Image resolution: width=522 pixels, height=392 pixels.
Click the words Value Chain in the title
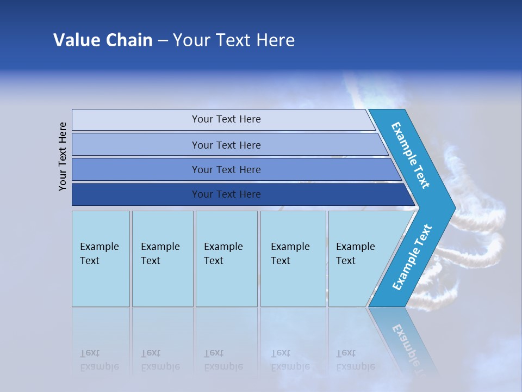[x=103, y=40]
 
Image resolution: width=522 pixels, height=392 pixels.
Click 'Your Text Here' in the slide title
[x=234, y=40]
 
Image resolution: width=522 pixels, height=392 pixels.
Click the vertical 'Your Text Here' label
[x=63, y=156]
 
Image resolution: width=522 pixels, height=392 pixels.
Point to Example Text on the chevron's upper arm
[x=411, y=155]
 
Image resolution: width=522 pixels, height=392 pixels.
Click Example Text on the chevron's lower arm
[x=412, y=258]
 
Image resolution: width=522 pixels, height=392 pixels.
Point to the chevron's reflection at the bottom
[x=405, y=343]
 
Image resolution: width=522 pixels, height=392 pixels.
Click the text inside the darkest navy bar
[x=226, y=194]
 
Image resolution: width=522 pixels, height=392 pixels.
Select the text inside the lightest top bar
[x=226, y=119]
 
